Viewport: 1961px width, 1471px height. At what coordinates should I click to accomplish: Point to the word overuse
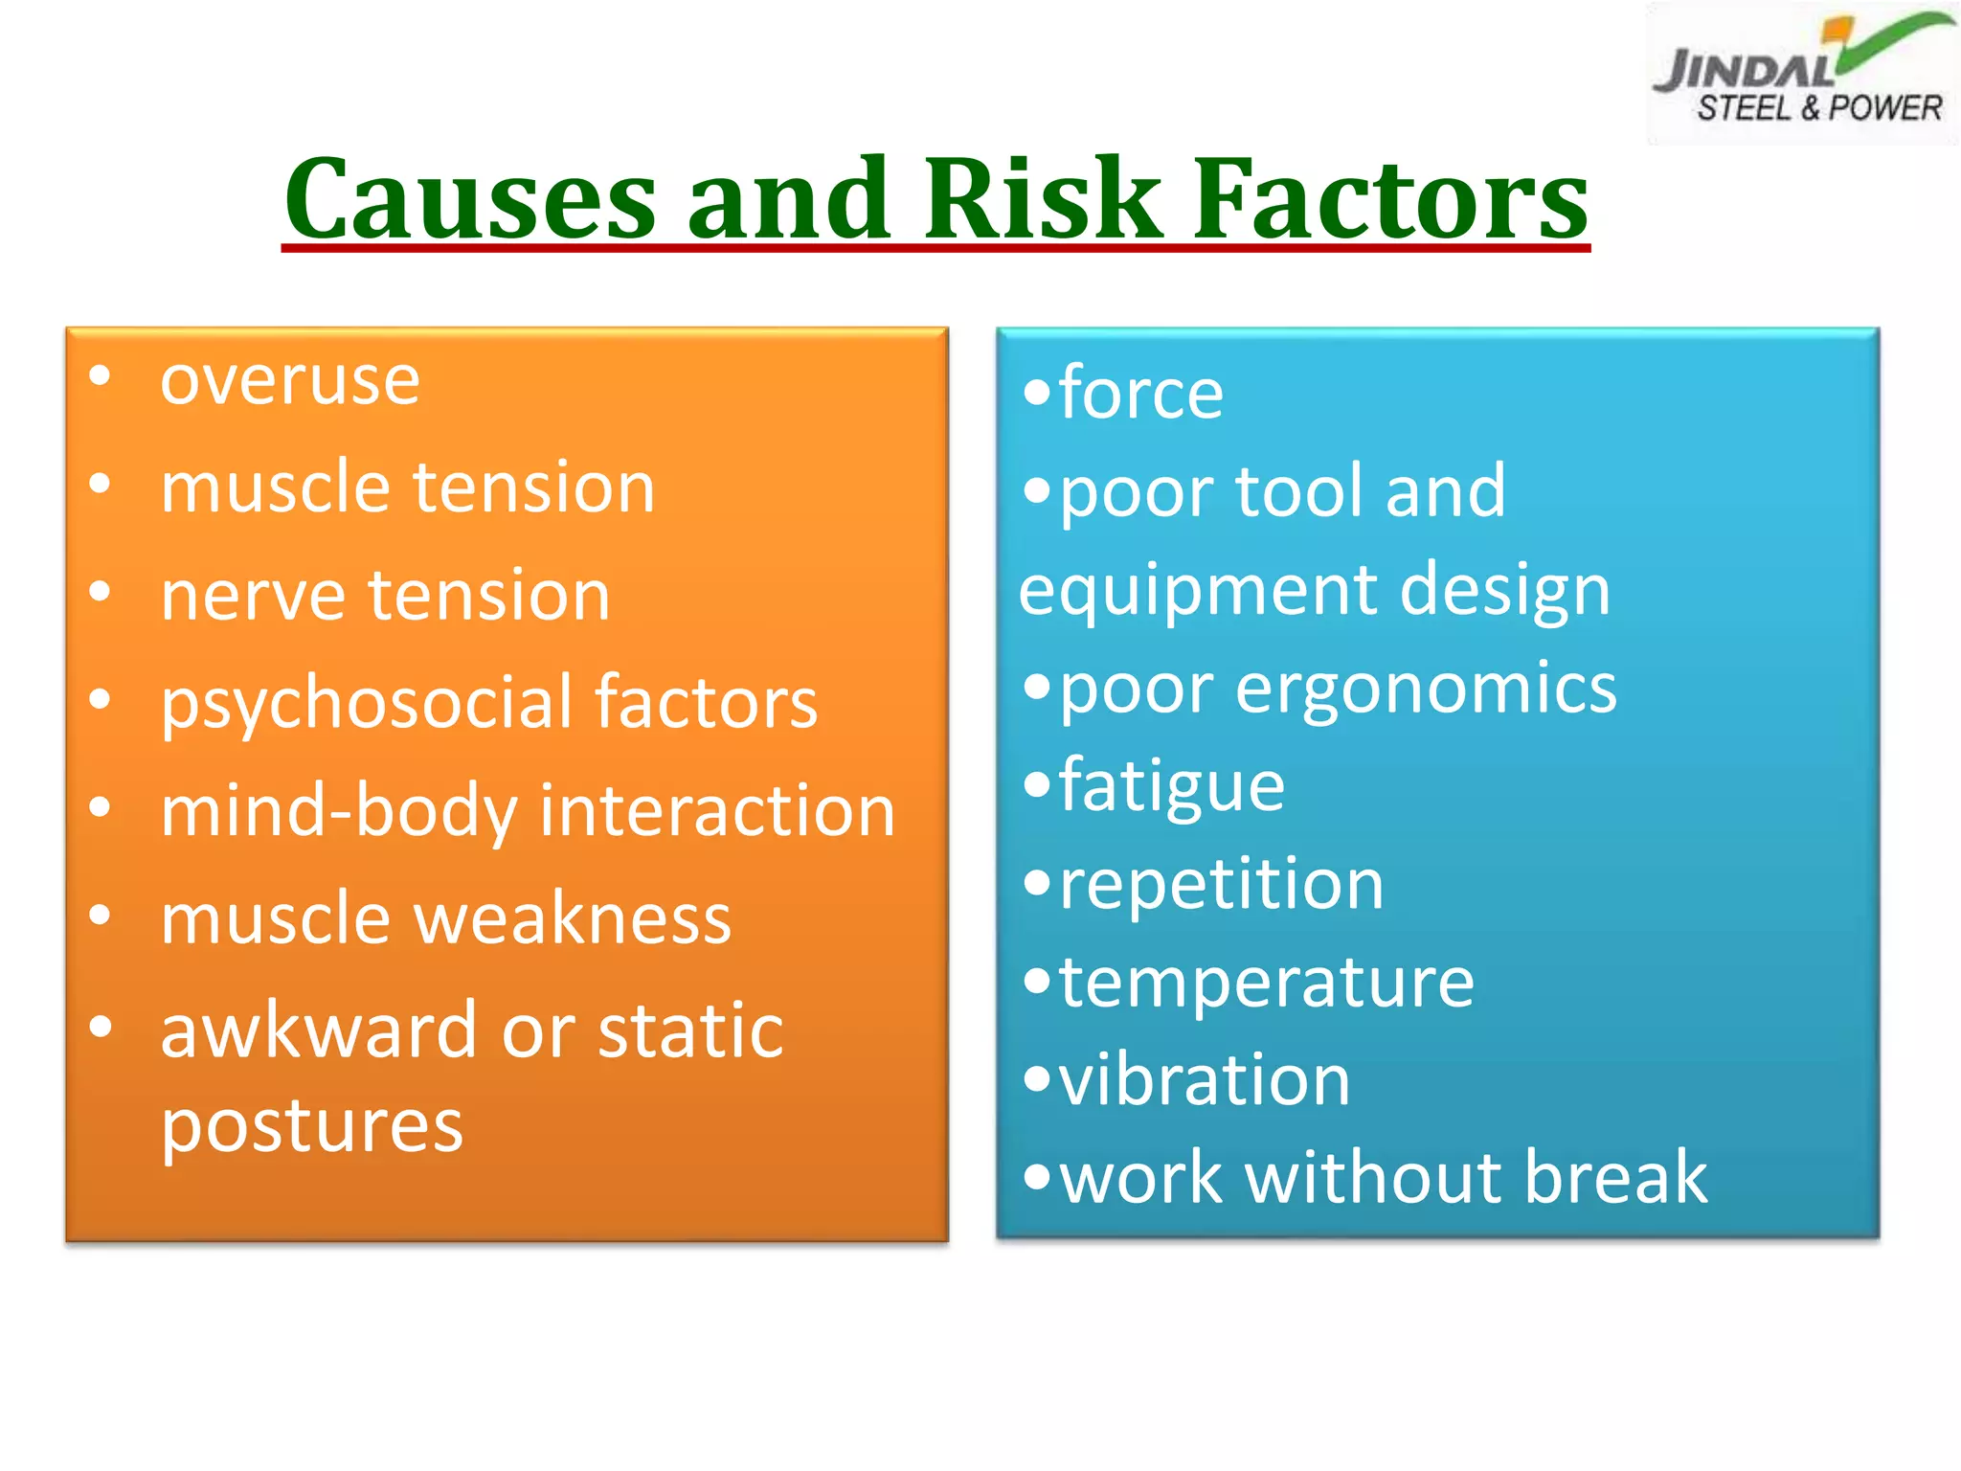click(290, 381)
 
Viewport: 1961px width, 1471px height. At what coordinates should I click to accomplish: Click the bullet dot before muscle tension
click(100, 484)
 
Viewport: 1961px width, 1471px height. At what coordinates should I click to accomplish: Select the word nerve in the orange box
click(250, 596)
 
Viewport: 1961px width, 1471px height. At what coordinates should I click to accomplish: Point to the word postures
click(312, 1127)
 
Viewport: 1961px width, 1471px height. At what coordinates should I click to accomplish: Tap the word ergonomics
click(1426, 689)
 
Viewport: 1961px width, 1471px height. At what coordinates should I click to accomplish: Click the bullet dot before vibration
click(1037, 1079)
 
